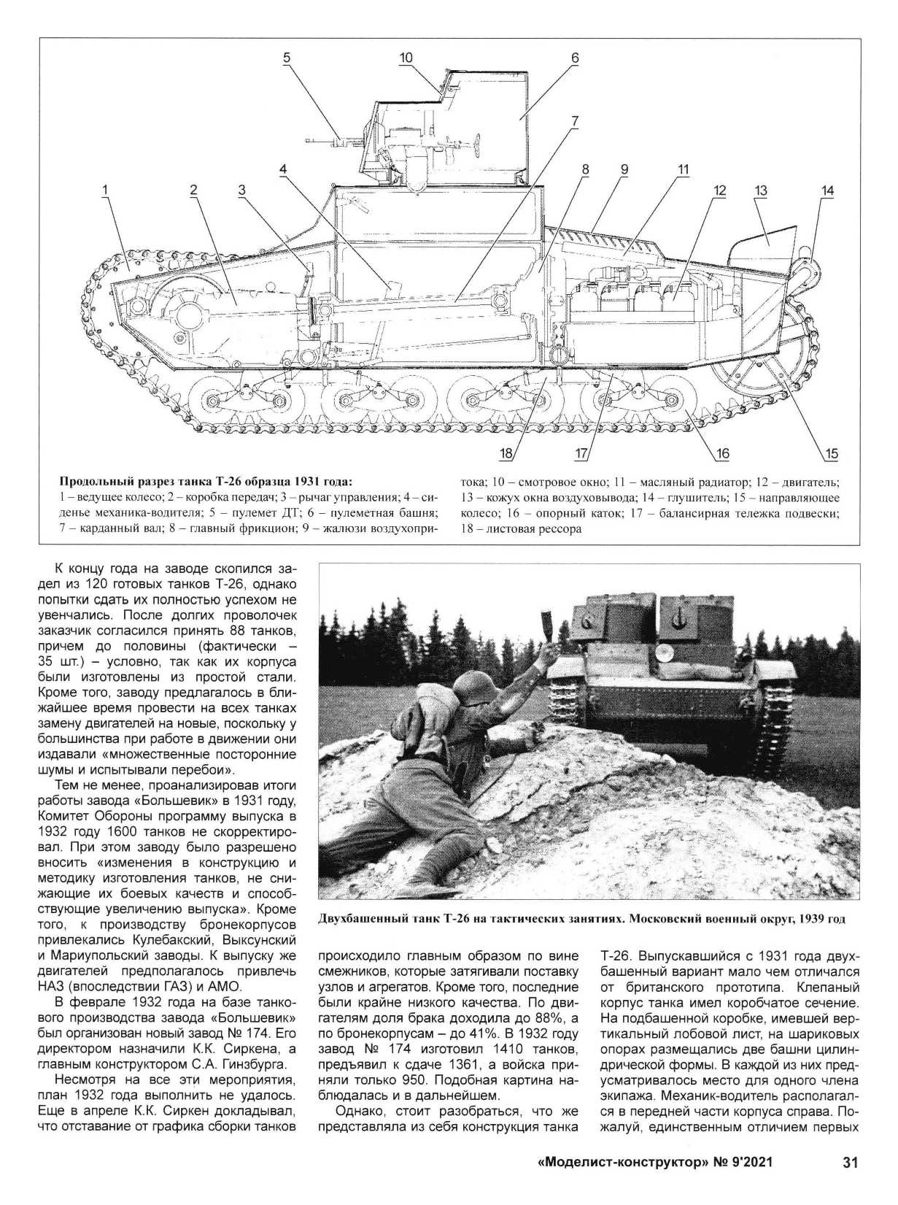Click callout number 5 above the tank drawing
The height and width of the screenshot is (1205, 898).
point(287,58)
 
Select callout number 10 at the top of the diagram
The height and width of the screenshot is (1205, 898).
point(406,58)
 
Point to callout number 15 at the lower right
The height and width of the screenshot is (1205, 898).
point(831,453)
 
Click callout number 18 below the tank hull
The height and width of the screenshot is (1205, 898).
point(506,453)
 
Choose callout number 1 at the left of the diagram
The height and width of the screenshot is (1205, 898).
point(105,190)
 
